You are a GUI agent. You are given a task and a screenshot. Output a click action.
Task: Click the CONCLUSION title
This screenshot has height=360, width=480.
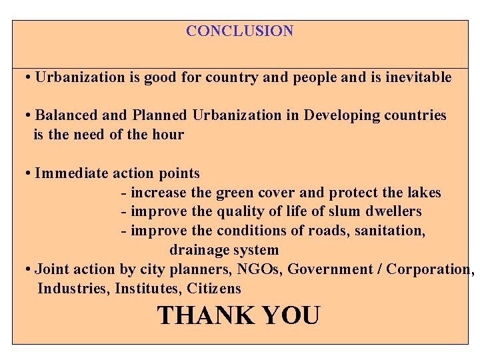[x=239, y=31]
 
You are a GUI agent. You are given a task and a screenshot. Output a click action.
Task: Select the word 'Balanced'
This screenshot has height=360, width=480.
[x=65, y=115]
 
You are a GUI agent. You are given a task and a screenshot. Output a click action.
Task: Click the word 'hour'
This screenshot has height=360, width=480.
[x=168, y=135]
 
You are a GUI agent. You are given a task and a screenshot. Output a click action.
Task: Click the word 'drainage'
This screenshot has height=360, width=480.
[x=197, y=251]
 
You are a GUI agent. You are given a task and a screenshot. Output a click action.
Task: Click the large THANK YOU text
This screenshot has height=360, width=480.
[x=238, y=315]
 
